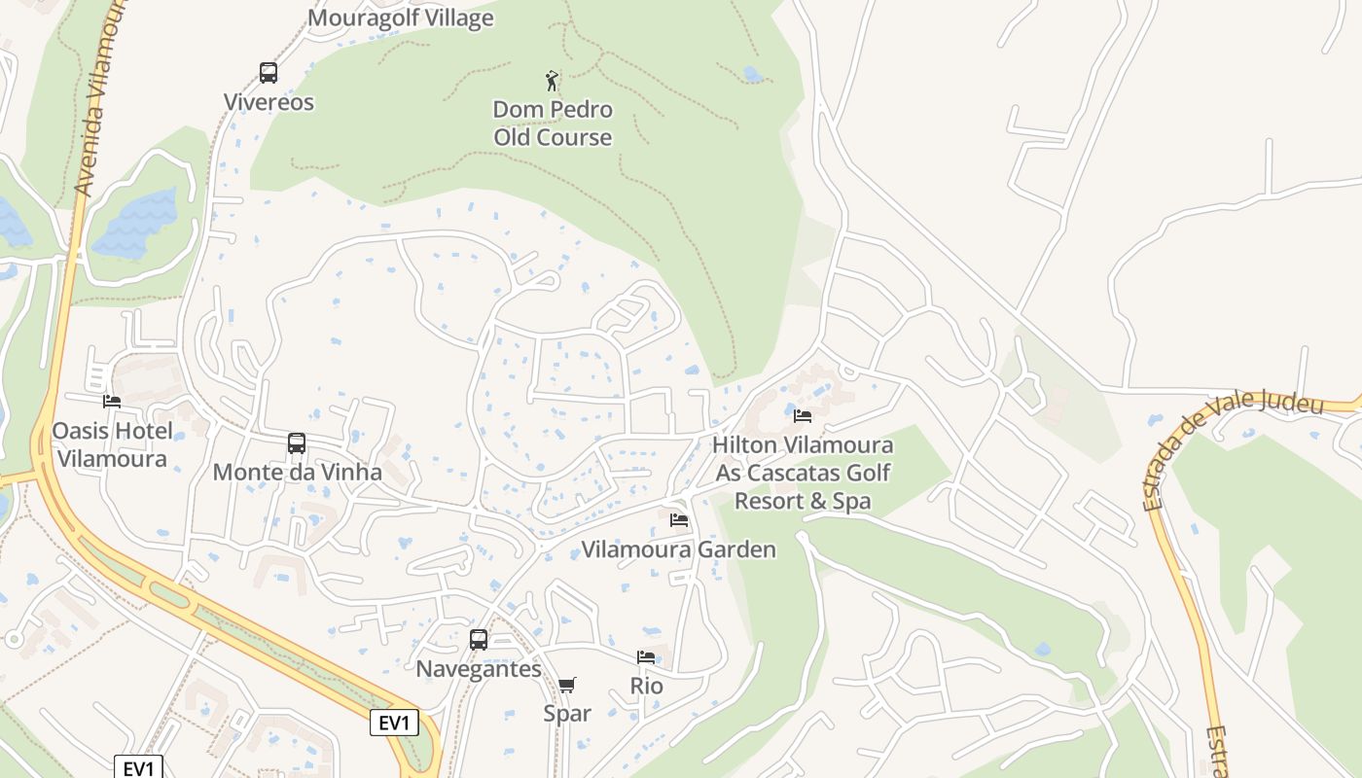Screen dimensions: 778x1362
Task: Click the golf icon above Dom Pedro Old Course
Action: point(552,80)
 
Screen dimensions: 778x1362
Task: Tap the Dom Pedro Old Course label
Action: point(553,124)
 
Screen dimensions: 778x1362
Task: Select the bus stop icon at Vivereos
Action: point(269,72)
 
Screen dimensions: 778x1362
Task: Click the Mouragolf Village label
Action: point(401,18)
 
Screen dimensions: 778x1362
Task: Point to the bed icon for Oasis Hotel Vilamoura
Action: point(112,401)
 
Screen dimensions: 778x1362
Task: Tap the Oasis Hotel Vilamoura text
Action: point(112,444)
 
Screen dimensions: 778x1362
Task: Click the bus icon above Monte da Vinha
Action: point(297,443)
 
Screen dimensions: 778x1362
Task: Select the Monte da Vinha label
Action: point(297,473)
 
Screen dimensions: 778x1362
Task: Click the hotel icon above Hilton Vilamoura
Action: point(803,416)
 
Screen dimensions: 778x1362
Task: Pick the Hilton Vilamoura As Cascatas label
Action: point(803,473)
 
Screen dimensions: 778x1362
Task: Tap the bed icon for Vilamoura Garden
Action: point(679,520)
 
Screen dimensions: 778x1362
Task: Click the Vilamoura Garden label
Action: point(679,549)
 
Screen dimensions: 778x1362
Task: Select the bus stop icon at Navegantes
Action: point(479,639)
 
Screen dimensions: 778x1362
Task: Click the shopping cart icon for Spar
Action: point(567,685)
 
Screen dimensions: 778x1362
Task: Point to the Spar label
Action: point(567,714)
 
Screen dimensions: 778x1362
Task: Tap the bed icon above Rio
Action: point(646,657)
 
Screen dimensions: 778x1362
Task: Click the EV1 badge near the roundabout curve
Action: point(394,723)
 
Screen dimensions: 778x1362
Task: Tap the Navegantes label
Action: point(479,669)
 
